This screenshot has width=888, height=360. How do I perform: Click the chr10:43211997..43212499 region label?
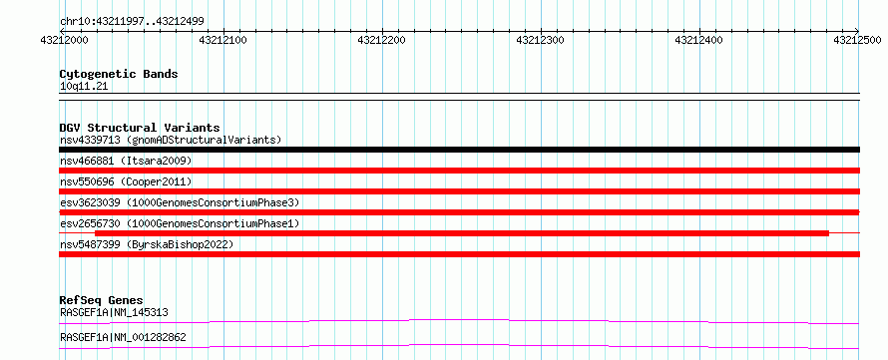tap(132, 22)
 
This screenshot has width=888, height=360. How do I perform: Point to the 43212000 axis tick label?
tap(65, 41)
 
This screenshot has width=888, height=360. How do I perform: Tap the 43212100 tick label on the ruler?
tap(223, 41)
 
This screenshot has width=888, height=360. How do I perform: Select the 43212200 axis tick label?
tap(382, 41)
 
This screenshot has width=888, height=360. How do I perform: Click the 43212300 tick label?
tap(541, 41)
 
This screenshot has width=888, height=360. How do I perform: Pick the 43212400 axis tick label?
tap(699, 41)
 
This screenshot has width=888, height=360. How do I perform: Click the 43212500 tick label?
tap(858, 41)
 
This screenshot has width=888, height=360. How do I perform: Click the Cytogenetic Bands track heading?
tap(119, 74)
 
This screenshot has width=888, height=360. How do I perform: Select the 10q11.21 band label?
tap(83, 87)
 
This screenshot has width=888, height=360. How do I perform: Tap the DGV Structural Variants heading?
tap(140, 128)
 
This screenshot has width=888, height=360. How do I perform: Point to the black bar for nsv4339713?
tap(459, 150)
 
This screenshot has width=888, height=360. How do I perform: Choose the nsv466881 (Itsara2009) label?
tap(126, 161)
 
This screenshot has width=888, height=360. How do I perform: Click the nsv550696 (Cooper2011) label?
tap(126, 181)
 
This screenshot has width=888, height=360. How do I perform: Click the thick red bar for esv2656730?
tap(462, 233)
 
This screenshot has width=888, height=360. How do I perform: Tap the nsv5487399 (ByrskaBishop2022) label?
tap(146, 244)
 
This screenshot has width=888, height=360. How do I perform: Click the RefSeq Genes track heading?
tap(102, 300)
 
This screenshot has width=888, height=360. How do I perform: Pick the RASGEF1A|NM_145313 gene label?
tap(114, 312)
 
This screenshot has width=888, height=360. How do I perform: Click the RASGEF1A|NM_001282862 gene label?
tap(123, 338)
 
